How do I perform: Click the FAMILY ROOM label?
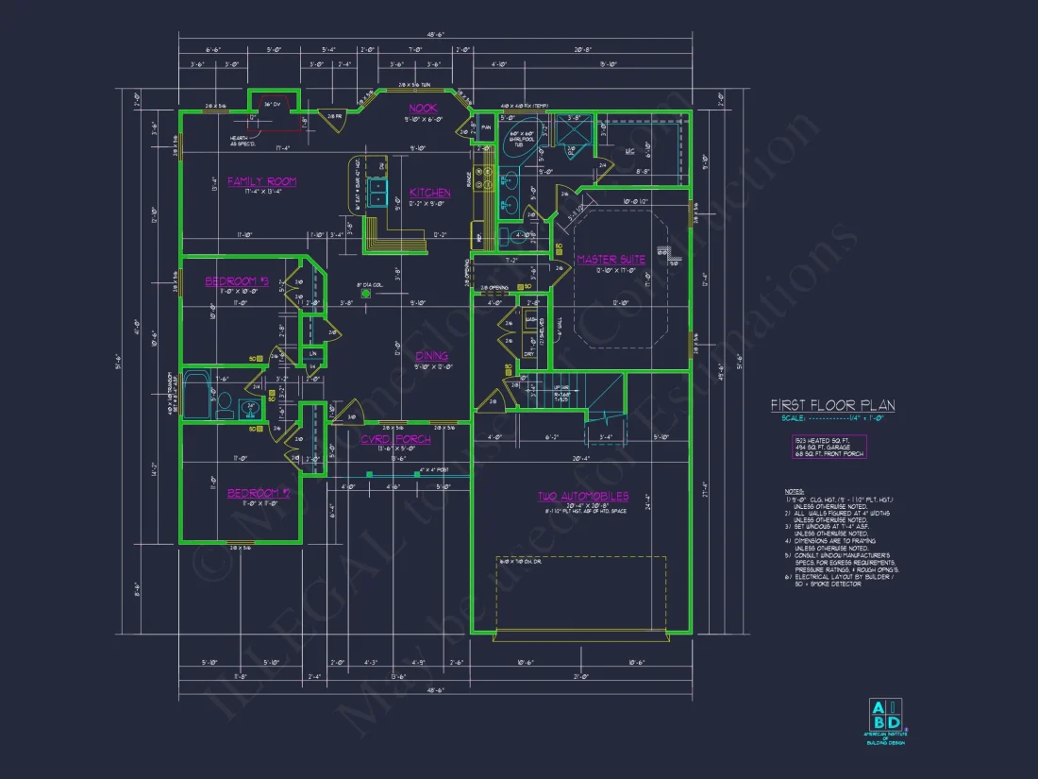click(x=261, y=181)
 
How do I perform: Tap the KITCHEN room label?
click(x=429, y=193)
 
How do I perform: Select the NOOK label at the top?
click(x=422, y=109)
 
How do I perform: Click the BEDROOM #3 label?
click(x=238, y=280)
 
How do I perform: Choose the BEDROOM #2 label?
click(x=258, y=493)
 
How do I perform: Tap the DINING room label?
click(x=431, y=356)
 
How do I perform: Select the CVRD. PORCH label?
click(x=395, y=439)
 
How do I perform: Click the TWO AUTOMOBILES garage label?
click(x=583, y=496)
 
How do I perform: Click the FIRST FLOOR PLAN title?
click(x=832, y=405)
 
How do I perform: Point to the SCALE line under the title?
click(x=832, y=418)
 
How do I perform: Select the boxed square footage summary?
click(x=828, y=448)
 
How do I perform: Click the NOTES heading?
click(x=794, y=491)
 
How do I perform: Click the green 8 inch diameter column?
click(x=366, y=293)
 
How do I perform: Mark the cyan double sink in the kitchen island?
click(x=377, y=192)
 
